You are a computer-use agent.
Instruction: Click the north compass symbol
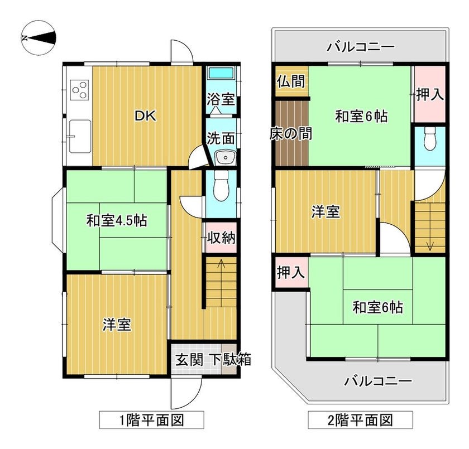pos(39,37)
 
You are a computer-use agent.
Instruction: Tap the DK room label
pos(146,116)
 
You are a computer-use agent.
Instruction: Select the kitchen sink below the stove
pos(80,136)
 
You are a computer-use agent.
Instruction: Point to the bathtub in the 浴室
pos(221,73)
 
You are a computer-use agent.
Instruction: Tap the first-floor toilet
pos(221,186)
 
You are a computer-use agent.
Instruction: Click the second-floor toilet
pos(430,138)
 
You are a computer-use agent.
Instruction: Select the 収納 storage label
pos(221,238)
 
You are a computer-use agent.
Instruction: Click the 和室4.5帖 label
pos(117,221)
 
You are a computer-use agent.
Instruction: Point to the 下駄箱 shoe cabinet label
pos(232,360)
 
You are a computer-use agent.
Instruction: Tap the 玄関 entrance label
pos(189,360)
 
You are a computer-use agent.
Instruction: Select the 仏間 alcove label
pos(291,81)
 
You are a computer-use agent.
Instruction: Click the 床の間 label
pos(291,133)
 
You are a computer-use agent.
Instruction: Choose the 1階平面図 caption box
pos(152,420)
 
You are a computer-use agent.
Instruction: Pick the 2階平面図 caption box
pos(361,420)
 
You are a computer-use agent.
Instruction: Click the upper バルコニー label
pos(361,47)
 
